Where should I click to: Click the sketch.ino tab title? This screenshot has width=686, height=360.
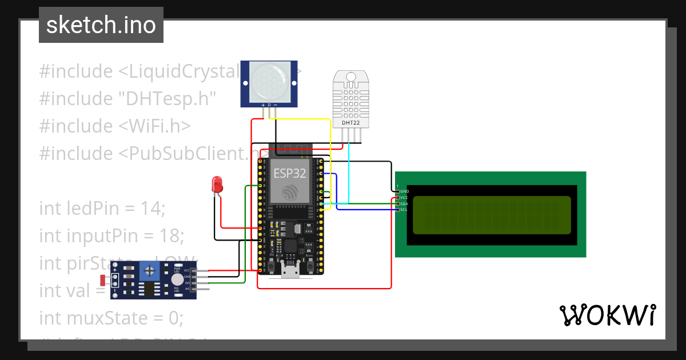pos(101,25)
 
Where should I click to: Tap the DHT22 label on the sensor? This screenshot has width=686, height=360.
pos(351,122)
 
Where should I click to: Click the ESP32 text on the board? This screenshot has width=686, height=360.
pos(289,173)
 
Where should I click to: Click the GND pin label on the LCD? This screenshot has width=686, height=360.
pos(404,191)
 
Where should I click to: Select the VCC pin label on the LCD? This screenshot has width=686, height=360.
pos(404,198)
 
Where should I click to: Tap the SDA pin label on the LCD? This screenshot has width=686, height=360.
pos(404,203)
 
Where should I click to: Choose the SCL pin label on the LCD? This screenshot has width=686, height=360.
pos(404,210)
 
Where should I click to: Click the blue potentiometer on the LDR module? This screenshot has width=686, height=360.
pos(149,270)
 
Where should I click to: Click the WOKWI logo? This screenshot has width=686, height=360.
pos(607,315)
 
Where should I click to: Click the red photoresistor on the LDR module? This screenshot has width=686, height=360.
pos(103,280)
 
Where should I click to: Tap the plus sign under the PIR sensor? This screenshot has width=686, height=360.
pos(263,105)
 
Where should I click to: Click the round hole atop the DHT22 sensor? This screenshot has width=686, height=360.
pos(351,77)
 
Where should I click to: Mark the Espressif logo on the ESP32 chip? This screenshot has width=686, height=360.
pos(289,193)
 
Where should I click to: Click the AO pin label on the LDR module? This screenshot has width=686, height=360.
pos(186,289)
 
